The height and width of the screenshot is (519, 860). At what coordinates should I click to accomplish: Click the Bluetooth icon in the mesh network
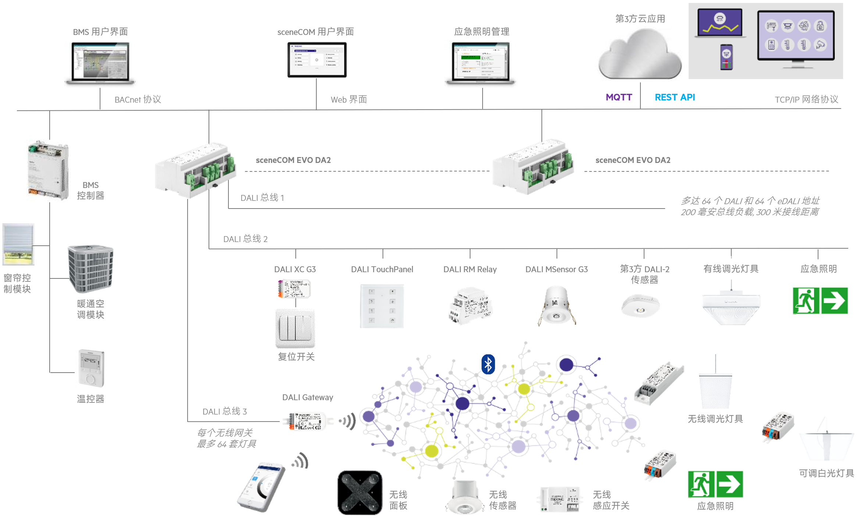coord(488,364)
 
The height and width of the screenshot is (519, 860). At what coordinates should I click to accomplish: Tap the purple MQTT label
coord(619,97)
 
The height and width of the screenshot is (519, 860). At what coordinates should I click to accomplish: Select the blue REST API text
coord(675,97)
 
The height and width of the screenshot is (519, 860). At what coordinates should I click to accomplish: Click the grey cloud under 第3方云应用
coord(640,54)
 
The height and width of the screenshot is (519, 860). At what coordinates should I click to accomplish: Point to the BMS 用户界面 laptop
coord(100,63)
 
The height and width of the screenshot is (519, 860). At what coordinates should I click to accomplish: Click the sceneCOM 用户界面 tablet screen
coord(317,60)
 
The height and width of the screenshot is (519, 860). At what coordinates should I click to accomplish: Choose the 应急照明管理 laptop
coord(481,63)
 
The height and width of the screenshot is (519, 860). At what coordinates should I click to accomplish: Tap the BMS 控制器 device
coord(48,170)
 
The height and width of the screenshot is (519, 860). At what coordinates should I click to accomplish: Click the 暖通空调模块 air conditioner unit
coord(90,269)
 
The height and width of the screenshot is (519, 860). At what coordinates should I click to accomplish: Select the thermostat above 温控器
coord(91,368)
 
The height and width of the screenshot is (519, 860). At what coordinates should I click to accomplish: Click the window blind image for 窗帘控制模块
coord(18,244)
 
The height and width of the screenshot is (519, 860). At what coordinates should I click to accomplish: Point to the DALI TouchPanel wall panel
coord(382,306)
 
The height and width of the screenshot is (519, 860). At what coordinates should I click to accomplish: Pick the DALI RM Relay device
coord(470,306)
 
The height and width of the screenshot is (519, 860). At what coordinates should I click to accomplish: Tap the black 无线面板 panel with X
coord(360,493)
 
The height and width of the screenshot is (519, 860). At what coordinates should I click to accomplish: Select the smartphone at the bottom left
coord(262,487)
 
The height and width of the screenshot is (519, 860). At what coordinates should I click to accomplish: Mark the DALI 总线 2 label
coord(245,239)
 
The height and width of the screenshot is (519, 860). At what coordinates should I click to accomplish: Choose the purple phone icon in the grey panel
coord(726,57)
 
